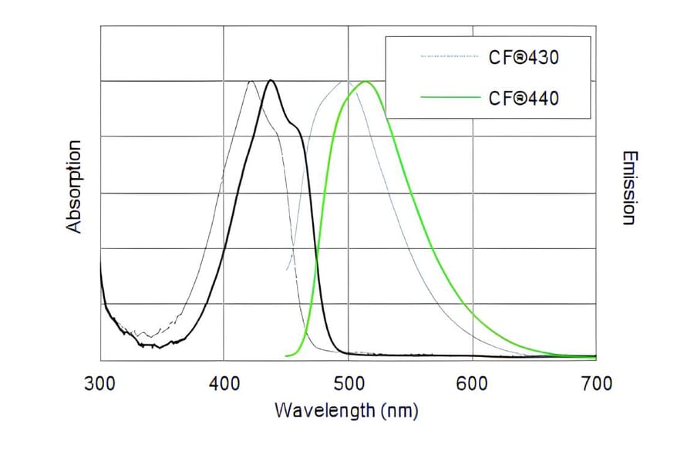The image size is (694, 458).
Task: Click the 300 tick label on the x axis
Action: pyautogui.click(x=100, y=383)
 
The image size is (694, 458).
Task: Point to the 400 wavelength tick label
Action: pyautogui.click(x=224, y=383)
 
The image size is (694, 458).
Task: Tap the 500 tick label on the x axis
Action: pyautogui.click(x=348, y=383)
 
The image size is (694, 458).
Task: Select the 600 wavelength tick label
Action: pyautogui.click(x=472, y=383)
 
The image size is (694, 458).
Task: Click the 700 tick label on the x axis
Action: pyautogui.click(x=595, y=383)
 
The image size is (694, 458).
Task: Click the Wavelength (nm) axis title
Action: pyautogui.click(x=346, y=409)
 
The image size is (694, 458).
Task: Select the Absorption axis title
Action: pyautogui.click(x=74, y=187)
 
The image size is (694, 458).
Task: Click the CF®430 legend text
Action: pyautogui.click(x=524, y=58)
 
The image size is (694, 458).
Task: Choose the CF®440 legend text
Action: pyautogui.click(x=524, y=98)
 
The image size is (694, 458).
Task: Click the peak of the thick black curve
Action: pyautogui.click(x=270, y=80)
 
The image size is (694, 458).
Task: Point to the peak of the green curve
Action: pyautogui.click(x=366, y=81)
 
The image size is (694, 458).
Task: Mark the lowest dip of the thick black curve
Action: pyautogui.click(x=157, y=347)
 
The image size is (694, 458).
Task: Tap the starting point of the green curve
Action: pyautogui.click(x=286, y=355)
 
